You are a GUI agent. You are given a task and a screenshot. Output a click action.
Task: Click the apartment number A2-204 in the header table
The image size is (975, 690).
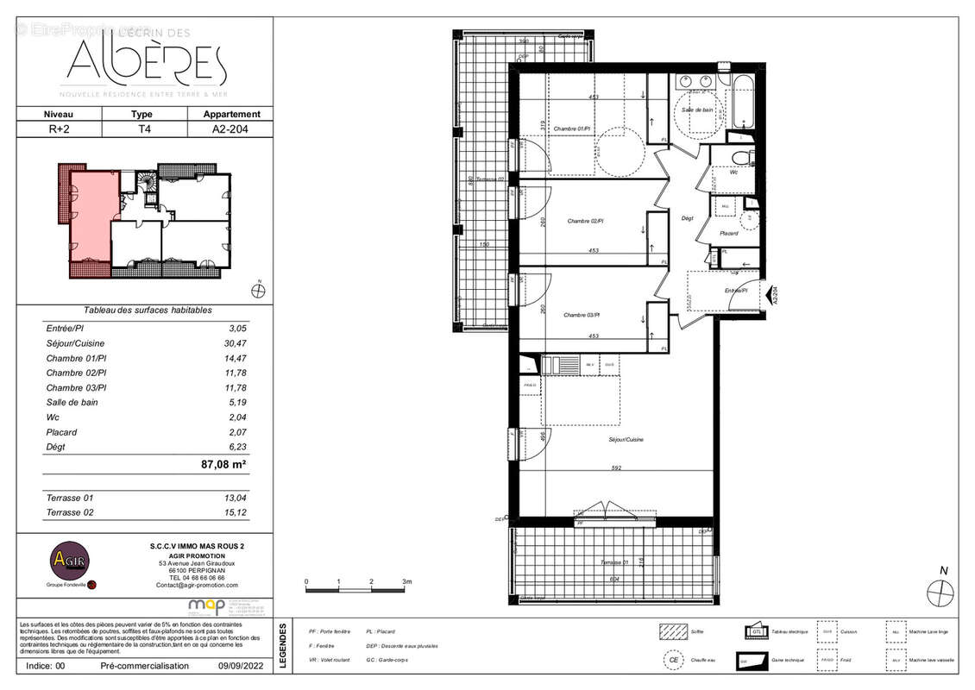(x=231, y=129)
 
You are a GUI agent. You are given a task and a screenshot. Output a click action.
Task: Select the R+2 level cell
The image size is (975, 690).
(x=60, y=129)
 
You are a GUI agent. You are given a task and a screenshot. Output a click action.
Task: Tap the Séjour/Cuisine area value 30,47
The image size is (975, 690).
(x=236, y=343)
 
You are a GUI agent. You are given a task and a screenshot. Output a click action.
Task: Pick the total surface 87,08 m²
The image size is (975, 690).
(x=224, y=464)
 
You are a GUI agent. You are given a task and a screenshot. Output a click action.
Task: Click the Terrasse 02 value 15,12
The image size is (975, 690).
(x=236, y=512)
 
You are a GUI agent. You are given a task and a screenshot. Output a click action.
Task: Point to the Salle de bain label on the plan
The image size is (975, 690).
(x=697, y=110)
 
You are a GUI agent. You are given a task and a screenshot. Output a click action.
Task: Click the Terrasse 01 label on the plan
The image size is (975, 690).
(x=617, y=562)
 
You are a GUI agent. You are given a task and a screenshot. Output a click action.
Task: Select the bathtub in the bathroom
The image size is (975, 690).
(x=743, y=104)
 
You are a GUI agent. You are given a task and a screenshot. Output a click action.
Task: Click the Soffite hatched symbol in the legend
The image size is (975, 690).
(x=671, y=631)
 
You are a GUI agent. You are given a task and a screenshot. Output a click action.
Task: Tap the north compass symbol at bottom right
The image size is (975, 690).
(x=940, y=593)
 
